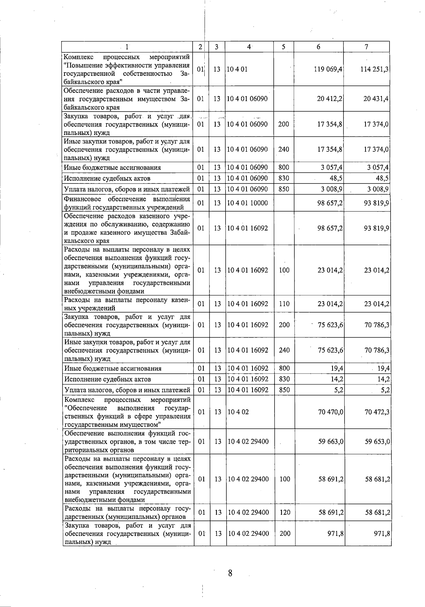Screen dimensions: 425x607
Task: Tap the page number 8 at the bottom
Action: click(x=230, y=573)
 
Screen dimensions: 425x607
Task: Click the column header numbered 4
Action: click(x=249, y=47)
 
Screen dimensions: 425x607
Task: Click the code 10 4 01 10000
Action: click(x=248, y=203)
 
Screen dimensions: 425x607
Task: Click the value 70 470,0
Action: click(x=331, y=412)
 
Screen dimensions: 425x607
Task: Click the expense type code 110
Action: click(x=284, y=304)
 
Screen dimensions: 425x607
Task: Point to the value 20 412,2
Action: click(x=329, y=99)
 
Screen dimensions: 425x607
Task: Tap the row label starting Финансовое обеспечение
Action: click(x=127, y=203)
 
